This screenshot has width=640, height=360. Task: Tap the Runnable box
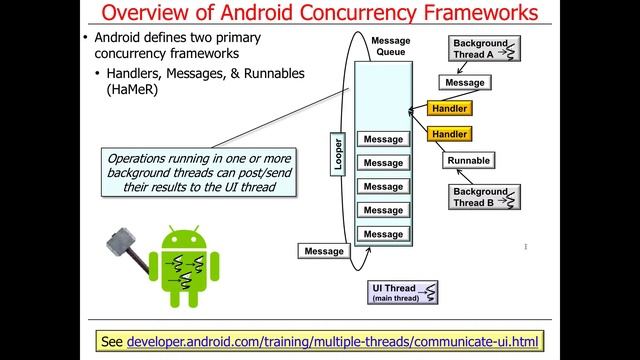468,160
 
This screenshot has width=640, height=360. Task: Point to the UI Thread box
404,293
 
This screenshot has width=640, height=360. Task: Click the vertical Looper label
338,152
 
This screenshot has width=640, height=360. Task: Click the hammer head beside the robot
119,241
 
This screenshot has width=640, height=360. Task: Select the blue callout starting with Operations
203,173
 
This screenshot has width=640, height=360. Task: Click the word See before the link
113,341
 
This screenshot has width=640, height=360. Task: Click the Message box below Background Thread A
465,83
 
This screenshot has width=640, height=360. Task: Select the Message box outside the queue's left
324,251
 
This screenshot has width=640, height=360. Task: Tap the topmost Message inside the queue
383,139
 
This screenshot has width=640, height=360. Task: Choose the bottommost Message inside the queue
383,234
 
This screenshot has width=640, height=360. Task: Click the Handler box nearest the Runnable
448,133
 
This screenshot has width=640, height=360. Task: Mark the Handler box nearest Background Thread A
448,108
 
